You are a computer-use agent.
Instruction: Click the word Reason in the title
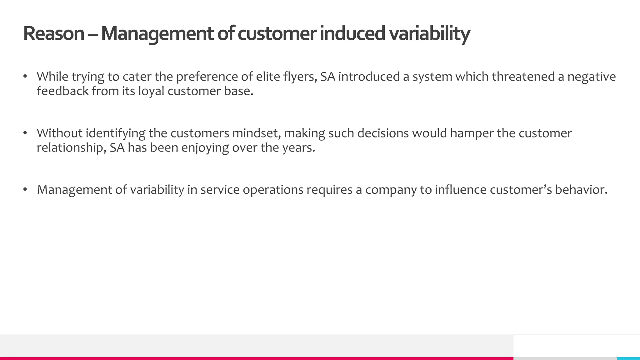pos(53,33)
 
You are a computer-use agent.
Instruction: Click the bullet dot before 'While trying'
pos(25,77)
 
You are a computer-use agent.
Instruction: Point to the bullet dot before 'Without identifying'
pos(25,133)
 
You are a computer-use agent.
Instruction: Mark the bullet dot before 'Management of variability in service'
pos(25,189)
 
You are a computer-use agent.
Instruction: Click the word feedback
pos(62,91)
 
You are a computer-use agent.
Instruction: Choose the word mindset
pos(257,133)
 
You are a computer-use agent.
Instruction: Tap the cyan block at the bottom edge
pos(628,358)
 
